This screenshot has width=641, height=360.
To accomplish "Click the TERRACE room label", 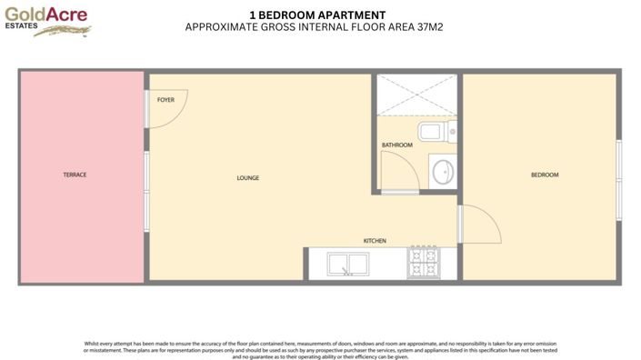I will click(75, 175).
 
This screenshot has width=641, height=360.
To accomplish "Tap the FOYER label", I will click(165, 99).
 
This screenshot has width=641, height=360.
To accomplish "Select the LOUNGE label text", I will click(248, 178).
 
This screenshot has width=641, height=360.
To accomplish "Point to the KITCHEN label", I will click(375, 241).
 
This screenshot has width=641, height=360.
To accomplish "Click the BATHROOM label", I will click(397, 145).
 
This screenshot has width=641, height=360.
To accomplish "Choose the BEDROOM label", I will click(545, 175).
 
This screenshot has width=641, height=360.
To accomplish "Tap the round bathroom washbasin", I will click(443, 171).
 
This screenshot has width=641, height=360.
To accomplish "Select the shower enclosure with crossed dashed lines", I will click(416, 95).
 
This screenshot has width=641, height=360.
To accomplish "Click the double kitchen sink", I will click(346, 265).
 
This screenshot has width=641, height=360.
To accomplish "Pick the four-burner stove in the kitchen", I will click(423, 264).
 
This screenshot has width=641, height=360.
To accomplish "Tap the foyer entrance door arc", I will click(169, 108).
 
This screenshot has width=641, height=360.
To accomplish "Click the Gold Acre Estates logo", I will click(48, 22).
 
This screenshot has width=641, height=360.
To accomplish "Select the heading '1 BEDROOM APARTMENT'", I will click(316, 15).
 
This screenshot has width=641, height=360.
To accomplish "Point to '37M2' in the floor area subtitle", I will click(429, 27).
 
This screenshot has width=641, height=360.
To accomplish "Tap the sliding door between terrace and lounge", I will click(146, 191).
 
